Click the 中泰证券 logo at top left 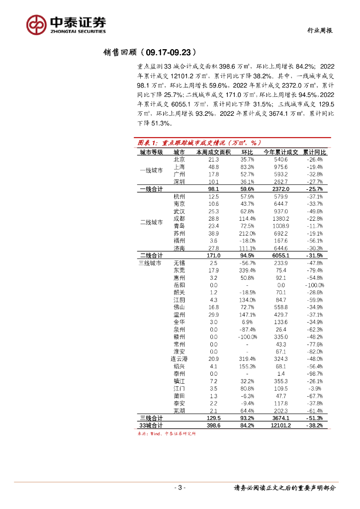(x=66, y=24)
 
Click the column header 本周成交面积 (x=213, y=152)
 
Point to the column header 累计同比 (x=314, y=152)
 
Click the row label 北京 (x=179, y=160)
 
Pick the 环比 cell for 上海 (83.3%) (x=248, y=167)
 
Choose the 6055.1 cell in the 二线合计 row (x=281, y=255)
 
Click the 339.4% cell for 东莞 (x=247, y=270)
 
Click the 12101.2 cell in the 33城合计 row (x=281, y=425)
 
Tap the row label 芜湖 (x=179, y=411)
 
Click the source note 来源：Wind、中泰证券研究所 (x=167, y=433)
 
